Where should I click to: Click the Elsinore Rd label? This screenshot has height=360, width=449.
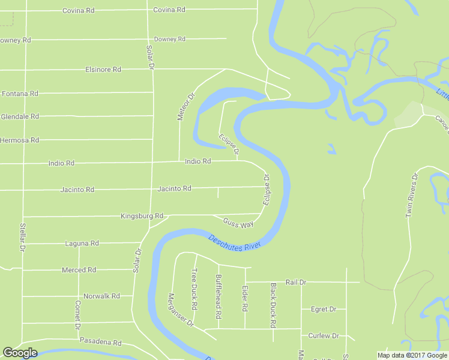coord(103,70)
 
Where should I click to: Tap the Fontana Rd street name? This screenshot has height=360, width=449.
coord(20,94)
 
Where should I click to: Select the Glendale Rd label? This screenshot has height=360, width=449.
coord(20,116)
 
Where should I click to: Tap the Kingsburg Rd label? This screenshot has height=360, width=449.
coord(142,216)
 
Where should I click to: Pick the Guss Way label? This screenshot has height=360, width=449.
coord(238,223)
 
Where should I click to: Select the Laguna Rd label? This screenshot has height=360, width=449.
coord(82,244)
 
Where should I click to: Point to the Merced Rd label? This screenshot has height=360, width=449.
coord(79,270)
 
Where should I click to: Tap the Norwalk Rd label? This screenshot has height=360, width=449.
coord(101,296)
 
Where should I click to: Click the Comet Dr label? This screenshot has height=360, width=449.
coord(77,315)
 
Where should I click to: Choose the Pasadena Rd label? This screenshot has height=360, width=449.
coord(101,343)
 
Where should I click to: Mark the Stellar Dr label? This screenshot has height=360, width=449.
coord(22,237)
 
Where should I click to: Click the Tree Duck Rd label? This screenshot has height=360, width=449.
coord(194,289)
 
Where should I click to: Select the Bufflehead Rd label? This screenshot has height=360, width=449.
coord(218,292)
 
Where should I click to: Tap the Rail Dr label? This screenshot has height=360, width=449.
coord(296,282)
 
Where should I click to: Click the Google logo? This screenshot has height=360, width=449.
coord(20,353)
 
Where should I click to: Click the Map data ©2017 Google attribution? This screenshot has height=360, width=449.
coord(412,355)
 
